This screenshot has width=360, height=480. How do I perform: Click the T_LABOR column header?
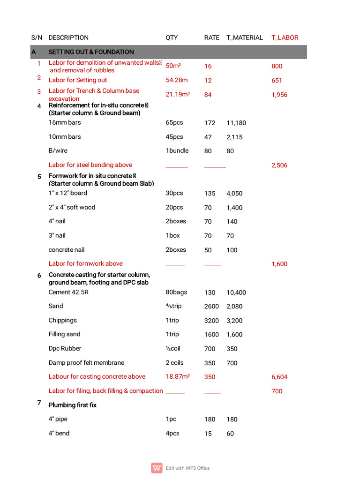pyautogui.click(x=285, y=37)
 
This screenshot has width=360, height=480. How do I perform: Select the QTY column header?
pyautogui.click(x=172, y=37)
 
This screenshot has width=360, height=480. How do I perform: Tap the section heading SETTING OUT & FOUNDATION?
pyautogui.click(x=91, y=52)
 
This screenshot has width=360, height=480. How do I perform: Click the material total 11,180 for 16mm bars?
pyautogui.click(x=236, y=123)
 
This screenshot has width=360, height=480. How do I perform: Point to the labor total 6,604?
pyautogui.click(x=279, y=377)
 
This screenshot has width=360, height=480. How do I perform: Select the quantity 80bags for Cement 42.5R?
pyautogui.click(x=176, y=292)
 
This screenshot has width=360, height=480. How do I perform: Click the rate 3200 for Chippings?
pyautogui.click(x=211, y=321)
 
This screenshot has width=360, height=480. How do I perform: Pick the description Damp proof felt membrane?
pyautogui.click(x=86, y=363)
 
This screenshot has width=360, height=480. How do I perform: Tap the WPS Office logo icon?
pyautogui.click(x=157, y=468)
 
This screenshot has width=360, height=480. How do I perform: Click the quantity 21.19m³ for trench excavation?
pyautogui.click(x=178, y=95)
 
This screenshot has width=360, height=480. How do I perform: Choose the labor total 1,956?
pyautogui.click(x=279, y=95)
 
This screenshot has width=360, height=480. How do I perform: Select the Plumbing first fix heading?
pyautogui.click(x=73, y=405)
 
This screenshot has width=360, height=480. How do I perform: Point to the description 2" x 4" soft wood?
pyautogui.click(x=72, y=207)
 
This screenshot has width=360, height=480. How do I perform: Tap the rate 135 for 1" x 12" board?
pyautogui.click(x=210, y=193)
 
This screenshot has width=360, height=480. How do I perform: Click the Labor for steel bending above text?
pyautogui.click(x=90, y=165)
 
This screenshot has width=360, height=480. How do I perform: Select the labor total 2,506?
pyautogui.click(x=279, y=165)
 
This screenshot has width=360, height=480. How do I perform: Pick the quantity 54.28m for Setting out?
pyautogui.click(x=177, y=80)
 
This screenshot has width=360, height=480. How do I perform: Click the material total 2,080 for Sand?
pyautogui.click(x=234, y=306)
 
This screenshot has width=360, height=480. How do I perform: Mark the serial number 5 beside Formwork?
pyautogui.click(x=39, y=177)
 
